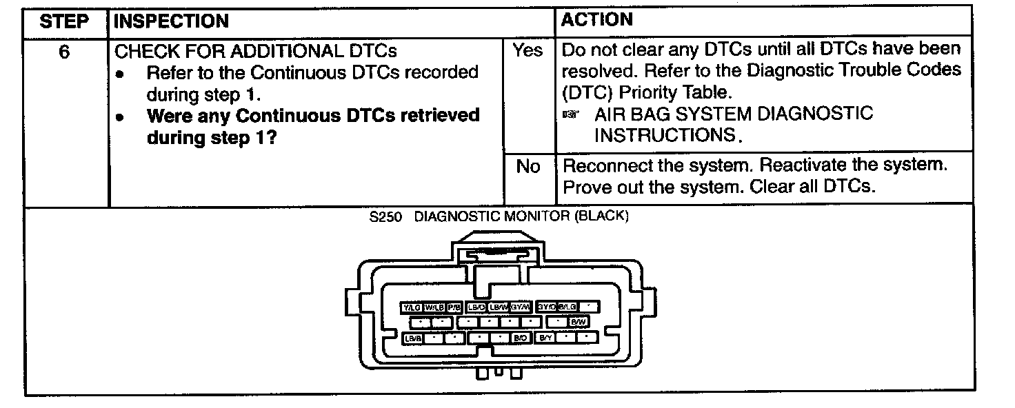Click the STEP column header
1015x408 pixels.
[x=65, y=21]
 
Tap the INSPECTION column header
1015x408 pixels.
[x=171, y=21]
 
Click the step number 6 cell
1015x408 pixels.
[x=64, y=52]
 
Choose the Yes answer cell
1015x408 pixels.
[x=527, y=51]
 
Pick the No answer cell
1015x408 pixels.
[x=527, y=167]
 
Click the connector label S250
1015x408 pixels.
[x=384, y=216]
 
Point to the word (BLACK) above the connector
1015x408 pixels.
[x=600, y=216]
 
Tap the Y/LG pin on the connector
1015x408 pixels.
[x=412, y=307]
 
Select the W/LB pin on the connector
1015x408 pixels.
[x=434, y=307]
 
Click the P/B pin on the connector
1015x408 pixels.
[x=454, y=307]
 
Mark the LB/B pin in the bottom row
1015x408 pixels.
[x=412, y=338]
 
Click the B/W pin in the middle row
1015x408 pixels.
[x=578, y=322]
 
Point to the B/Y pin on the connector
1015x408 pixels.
[x=545, y=338]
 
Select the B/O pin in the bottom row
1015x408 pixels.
[x=520, y=338]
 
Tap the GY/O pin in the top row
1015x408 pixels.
[x=546, y=306]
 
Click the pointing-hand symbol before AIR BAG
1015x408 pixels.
[x=570, y=114]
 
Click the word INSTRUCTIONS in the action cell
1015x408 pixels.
[x=665, y=136]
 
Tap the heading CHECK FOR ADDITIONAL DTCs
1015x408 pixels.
[x=255, y=52]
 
